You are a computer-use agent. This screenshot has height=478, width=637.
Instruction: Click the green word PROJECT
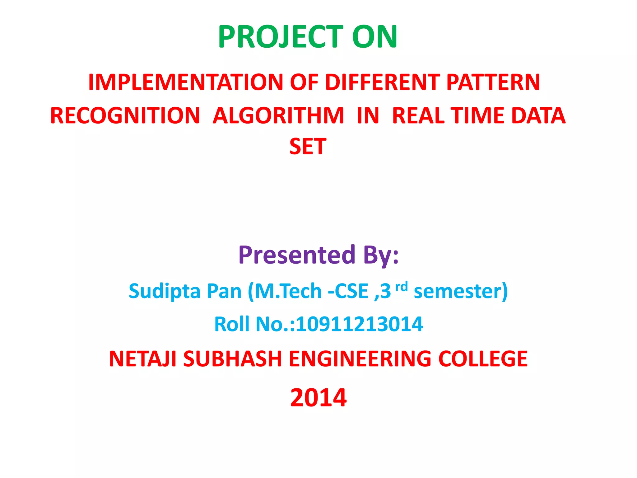coord(280,37)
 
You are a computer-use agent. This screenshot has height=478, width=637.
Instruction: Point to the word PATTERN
coord(493,82)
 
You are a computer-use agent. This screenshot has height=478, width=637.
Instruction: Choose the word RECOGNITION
coord(125,115)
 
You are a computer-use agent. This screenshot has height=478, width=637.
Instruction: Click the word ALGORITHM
coord(278,115)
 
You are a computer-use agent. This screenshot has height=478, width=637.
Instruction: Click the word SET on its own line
coord(308,147)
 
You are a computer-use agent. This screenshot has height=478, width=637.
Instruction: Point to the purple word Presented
coord(297,255)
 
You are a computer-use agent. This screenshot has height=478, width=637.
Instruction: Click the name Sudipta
coord(165,291)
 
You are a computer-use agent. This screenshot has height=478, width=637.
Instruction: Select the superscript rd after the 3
coord(401,286)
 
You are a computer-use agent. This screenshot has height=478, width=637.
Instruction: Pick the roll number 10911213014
coord(359,324)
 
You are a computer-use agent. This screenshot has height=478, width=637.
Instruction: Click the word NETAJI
coord(143,359)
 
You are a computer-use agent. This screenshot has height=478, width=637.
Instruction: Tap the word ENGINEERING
coord(360,359)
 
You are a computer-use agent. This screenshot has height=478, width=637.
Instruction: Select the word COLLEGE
coord(483,359)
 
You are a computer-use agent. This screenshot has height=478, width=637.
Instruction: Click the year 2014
coord(318,398)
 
